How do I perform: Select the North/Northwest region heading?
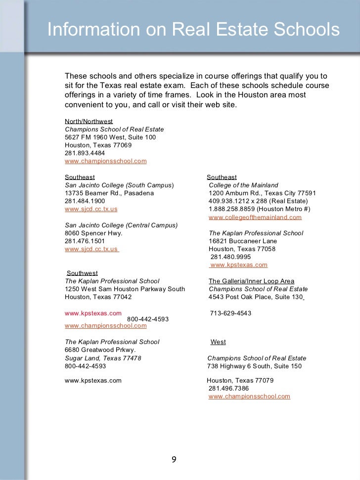click(x=89, y=121)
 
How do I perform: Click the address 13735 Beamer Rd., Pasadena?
click(x=109, y=193)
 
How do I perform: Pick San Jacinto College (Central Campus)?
click(x=121, y=225)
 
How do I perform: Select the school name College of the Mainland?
click(x=243, y=185)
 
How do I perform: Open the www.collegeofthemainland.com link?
click(x=255, y=217)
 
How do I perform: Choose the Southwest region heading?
click(x=82, y=273)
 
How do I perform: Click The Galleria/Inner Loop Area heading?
click(x=251, y=281)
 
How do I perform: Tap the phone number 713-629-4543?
click(x=230, y=313)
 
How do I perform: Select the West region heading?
click(x=218, y=342)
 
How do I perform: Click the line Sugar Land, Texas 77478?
click(x=103, y=358)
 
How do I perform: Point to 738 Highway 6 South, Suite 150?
click(x=254, y=366)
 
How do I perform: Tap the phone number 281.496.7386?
click(x=229, y=389)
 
